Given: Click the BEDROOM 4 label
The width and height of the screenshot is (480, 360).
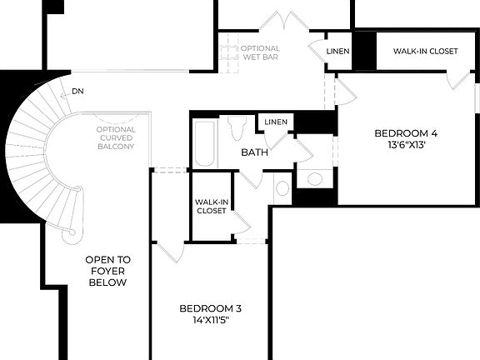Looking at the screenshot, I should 405,133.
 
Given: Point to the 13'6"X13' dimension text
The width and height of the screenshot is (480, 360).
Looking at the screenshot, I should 405,145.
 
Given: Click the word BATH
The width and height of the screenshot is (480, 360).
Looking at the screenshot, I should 253,152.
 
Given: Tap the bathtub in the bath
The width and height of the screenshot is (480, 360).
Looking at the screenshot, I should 205,144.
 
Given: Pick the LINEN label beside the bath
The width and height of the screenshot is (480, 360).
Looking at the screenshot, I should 276,123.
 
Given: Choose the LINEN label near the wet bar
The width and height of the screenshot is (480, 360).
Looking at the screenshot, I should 337,52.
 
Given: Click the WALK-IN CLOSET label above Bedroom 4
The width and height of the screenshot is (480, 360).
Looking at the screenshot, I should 425,52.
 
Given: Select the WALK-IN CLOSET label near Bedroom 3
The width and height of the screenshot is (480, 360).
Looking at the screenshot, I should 211,206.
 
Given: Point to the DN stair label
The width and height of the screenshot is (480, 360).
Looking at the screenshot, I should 77,91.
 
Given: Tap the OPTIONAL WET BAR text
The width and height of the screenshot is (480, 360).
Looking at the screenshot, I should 261,53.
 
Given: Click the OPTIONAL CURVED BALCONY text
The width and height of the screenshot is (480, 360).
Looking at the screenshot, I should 116,140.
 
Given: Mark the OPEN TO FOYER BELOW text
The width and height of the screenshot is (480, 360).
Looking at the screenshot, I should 107,271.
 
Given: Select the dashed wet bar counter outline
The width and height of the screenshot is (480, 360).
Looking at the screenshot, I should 230,52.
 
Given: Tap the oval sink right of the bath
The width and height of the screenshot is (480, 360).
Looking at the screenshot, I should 315,177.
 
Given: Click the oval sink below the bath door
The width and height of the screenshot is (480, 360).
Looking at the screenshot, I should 282,188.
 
